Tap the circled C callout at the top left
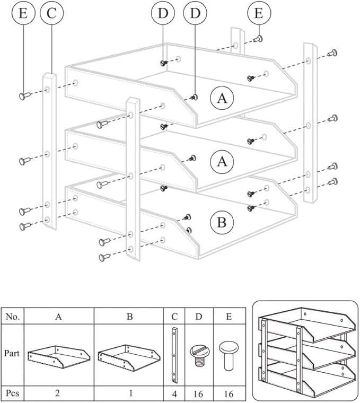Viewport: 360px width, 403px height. [x=51, y=13]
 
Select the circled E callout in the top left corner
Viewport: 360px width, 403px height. [x=23, y=13]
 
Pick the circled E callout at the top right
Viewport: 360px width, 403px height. [x=258, y=13]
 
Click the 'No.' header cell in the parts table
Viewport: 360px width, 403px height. [x=13, y=317]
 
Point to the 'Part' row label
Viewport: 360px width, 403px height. [x=13, y=353]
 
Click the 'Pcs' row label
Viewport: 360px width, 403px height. [x=13, y=393]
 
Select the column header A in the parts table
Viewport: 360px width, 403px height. [x=59, y=317]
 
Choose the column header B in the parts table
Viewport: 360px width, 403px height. [x=129, y=317]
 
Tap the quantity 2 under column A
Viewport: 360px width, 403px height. [x=59, y=393]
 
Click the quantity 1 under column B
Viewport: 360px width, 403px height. [x=129, y=393]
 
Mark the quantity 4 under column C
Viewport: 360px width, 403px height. [x=174, y=393]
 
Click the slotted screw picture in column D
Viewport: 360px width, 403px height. [x=199, y=354]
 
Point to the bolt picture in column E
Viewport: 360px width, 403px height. [x=229, y=354]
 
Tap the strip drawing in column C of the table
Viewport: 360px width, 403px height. [x=174, y=355]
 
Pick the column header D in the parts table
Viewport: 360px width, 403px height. [x=199, y=317]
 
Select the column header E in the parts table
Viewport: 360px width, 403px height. [x=229, y=317]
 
